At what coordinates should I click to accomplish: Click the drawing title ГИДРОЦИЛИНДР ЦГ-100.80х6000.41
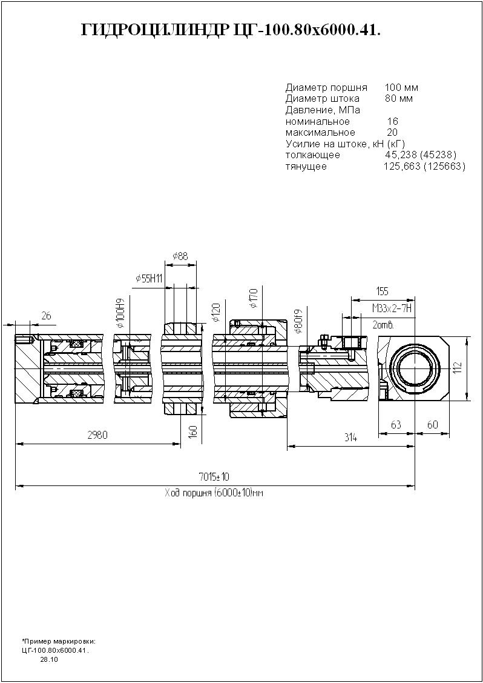pyautogui.click(x=231, y=32)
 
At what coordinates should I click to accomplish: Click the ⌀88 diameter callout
pyautogui.click(x=180, y=256)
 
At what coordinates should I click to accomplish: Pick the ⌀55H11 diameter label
pyautogui.click(x=149, y=278)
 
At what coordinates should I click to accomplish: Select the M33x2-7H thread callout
pyautogui.click(x=392, y=309)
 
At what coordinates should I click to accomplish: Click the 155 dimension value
pyautogui.click(x=382, y=292)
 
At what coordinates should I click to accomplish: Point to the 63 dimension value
pyautogui.click(x=396, y=425)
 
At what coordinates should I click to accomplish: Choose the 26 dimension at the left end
pyautogui.click(x=47, y=315)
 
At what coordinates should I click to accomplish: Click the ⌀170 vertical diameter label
pyautogui.click(x=253, y=298)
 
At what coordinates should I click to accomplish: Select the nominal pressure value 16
pyautogui.click(x=392, y=121)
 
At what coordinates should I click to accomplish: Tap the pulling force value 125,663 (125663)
pyautogui.click(x=424, y=166)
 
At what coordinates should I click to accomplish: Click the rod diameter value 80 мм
pyautogui.click(x=399, y=98)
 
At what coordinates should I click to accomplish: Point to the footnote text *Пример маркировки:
pyautogui.click(x=59, y=641)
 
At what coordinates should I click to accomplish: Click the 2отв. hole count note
pyautogui.click(x=384, y=325)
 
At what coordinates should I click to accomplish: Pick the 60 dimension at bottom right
pyautogui.click(x=433, y=425)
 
